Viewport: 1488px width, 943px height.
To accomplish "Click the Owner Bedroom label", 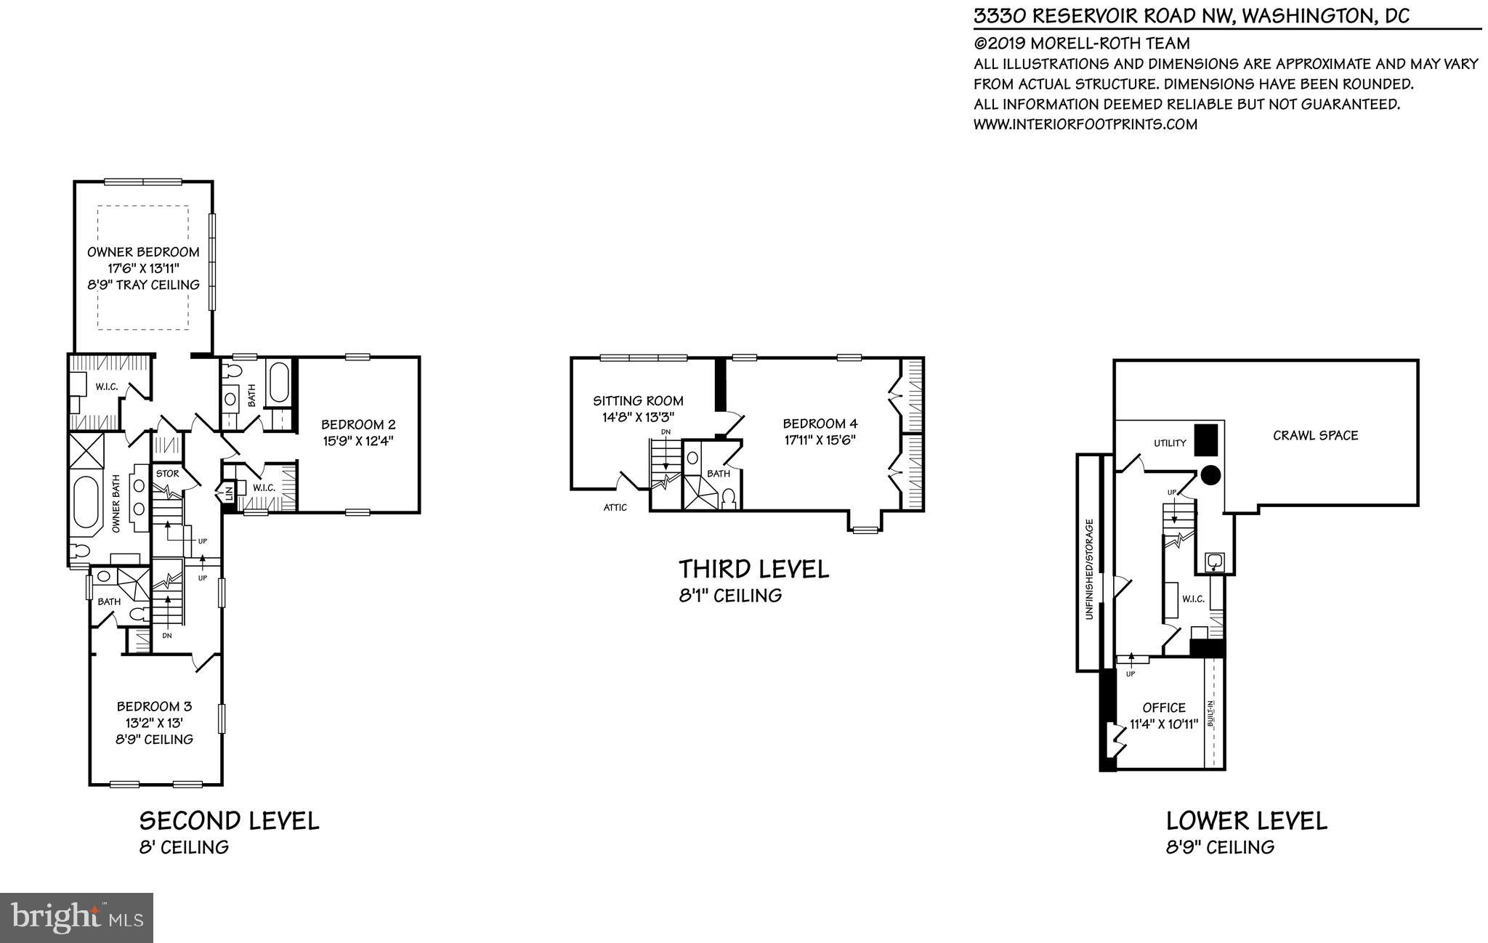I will coord(143,252).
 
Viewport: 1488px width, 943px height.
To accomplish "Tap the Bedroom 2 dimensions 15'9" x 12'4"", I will coord(358,440).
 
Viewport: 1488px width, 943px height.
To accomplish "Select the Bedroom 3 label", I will coord(155,706).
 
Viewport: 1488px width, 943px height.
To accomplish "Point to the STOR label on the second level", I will coord(167,474).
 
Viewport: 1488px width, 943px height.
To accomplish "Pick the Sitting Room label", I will coord(638,400).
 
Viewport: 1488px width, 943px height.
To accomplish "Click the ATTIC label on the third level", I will coord(615,508).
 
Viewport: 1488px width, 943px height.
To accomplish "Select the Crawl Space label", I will coord(1315,435).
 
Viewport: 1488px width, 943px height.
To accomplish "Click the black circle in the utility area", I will coord(1210,475).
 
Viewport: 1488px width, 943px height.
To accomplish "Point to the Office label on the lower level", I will coord(1164,708).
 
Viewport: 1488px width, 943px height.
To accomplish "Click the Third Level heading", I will coord(753,569).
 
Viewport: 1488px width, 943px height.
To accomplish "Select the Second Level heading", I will coord(229,821).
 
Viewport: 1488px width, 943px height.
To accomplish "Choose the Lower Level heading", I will coord(1246,821).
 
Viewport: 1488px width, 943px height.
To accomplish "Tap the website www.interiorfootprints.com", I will coord(1085,124).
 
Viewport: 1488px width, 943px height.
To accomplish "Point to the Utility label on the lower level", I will coord(1170,443).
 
